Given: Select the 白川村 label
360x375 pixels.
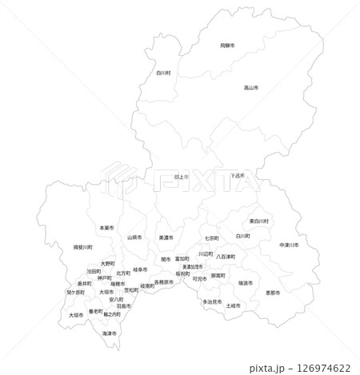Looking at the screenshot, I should (163, 72).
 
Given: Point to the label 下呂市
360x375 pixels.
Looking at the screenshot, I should (237, 175).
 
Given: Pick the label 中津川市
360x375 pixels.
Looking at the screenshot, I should (289, 245).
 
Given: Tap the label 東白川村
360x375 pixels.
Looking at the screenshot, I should (258, 221).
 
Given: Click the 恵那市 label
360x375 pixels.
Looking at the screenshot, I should (272, 293).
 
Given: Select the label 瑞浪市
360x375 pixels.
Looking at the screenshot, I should (246, 283).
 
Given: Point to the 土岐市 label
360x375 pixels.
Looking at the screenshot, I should (233, 305).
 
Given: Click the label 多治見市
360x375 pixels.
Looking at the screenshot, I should (212, 301).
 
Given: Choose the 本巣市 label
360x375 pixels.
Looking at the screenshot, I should (106, 228).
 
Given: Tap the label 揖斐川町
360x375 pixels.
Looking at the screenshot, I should (82, 247).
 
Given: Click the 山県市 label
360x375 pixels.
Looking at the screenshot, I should (134, 237).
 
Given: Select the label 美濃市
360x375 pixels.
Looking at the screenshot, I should (166, 237).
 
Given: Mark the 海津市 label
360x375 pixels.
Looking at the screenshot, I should (110, 333).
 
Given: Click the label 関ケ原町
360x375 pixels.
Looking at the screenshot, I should (75, 293).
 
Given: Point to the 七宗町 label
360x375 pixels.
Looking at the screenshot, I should (212, 238).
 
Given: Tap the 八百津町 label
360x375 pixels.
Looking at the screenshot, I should (226, 257).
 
